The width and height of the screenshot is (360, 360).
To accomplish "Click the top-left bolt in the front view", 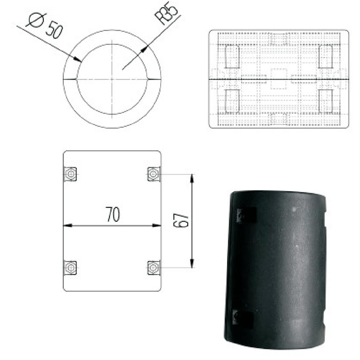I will (x=70, y=174).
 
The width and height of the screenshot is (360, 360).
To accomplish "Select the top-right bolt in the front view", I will (x=153, y=174).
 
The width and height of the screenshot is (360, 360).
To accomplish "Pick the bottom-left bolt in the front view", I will (x=70, y=268).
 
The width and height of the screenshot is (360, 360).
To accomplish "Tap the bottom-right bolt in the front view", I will (x=153, y=268).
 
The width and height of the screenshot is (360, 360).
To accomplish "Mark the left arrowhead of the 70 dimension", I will (x=66, y=225).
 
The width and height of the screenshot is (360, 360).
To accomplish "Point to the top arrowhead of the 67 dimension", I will (x=192, y=177).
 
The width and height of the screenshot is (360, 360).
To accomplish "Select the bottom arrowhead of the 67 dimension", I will (x=192, y=264).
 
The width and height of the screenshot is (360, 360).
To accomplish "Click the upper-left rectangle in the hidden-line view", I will (x=232, y=57).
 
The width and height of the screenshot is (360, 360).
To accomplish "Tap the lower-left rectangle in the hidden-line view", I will (x=232, y=101).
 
